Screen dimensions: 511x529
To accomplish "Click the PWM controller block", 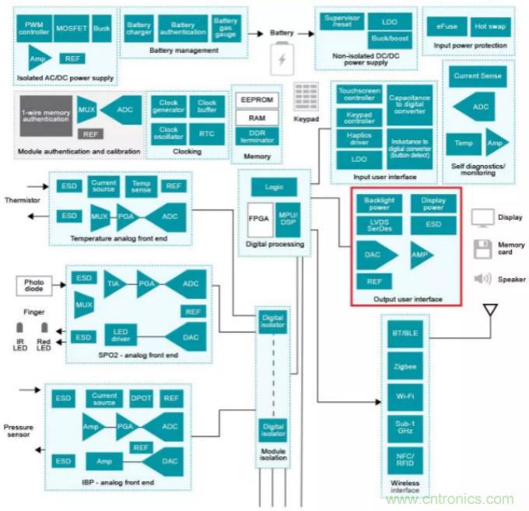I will [35, 28].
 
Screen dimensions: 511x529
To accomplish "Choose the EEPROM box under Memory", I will [256, 101].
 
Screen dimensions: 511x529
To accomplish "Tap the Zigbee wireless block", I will [405, 366].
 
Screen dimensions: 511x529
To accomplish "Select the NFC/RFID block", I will [405, 460].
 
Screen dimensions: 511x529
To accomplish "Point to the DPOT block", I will [141, 398].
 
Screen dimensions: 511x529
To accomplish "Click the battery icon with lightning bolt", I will [281, 60].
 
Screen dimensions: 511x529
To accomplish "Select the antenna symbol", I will [489, 312].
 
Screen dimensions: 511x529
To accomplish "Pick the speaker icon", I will [482, 279].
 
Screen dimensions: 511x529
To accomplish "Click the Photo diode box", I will [34, 286].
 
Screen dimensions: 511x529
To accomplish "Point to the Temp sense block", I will [141, 186].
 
